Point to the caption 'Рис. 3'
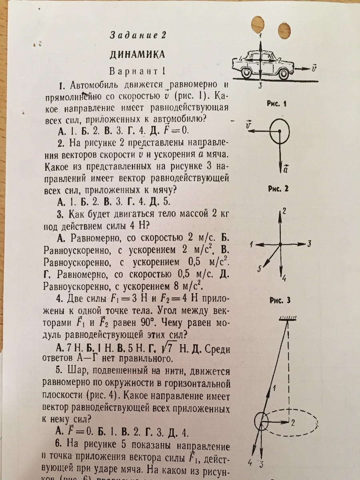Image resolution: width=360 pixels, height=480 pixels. click(x=278, y=301)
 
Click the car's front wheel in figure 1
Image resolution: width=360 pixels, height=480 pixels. click(x=283, y=74)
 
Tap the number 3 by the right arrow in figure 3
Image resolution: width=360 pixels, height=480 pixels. click(x=309, y=244)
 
